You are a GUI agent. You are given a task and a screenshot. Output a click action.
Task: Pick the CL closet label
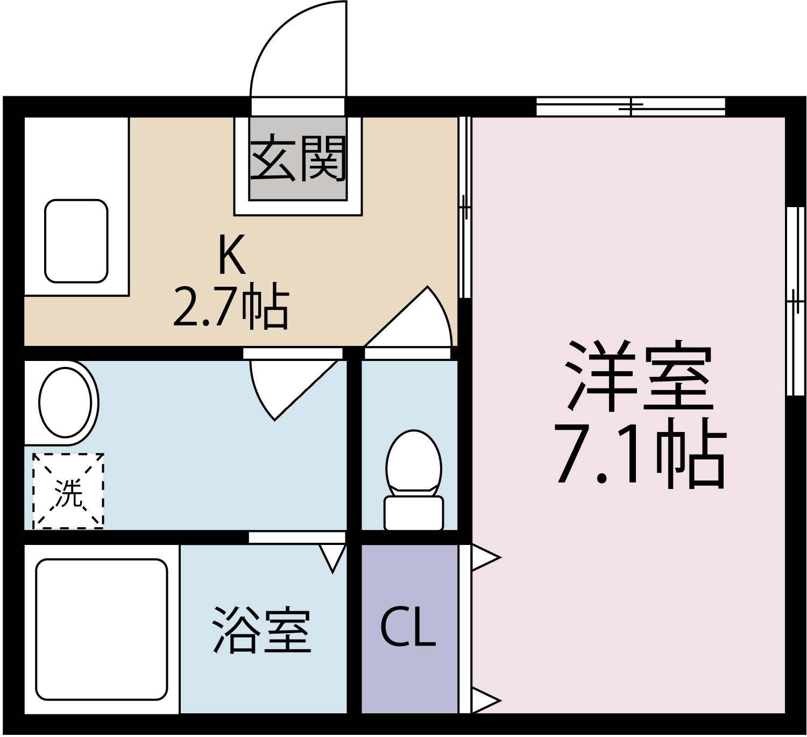coord(408,628)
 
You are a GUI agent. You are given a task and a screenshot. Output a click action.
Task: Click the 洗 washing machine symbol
coord(68,491)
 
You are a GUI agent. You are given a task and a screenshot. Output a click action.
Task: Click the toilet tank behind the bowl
coord(414,513)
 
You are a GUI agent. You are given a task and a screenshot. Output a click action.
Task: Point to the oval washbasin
coord(66,402)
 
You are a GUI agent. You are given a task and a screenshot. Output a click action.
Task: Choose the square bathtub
coord(101,629)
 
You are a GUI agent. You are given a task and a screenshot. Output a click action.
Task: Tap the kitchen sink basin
coord(76,240)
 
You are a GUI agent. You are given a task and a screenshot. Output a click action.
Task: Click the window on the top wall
coord(631,107)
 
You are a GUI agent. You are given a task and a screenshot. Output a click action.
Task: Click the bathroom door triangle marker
coord(332,557)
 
